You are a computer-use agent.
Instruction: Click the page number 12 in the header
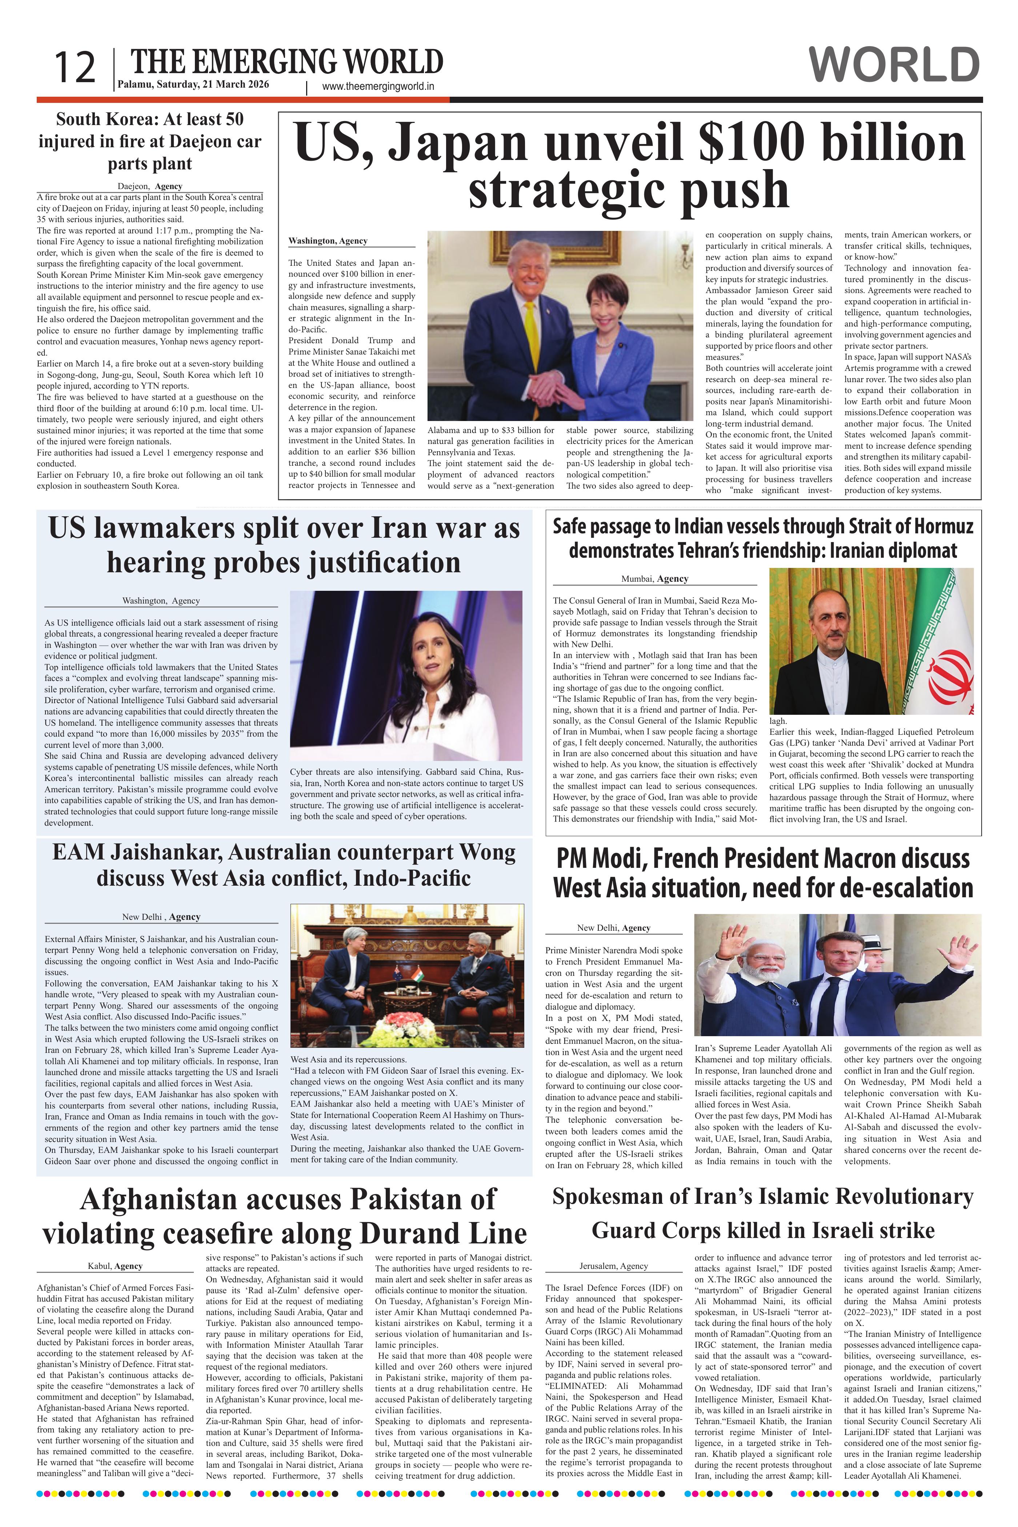tap(75, 68)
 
